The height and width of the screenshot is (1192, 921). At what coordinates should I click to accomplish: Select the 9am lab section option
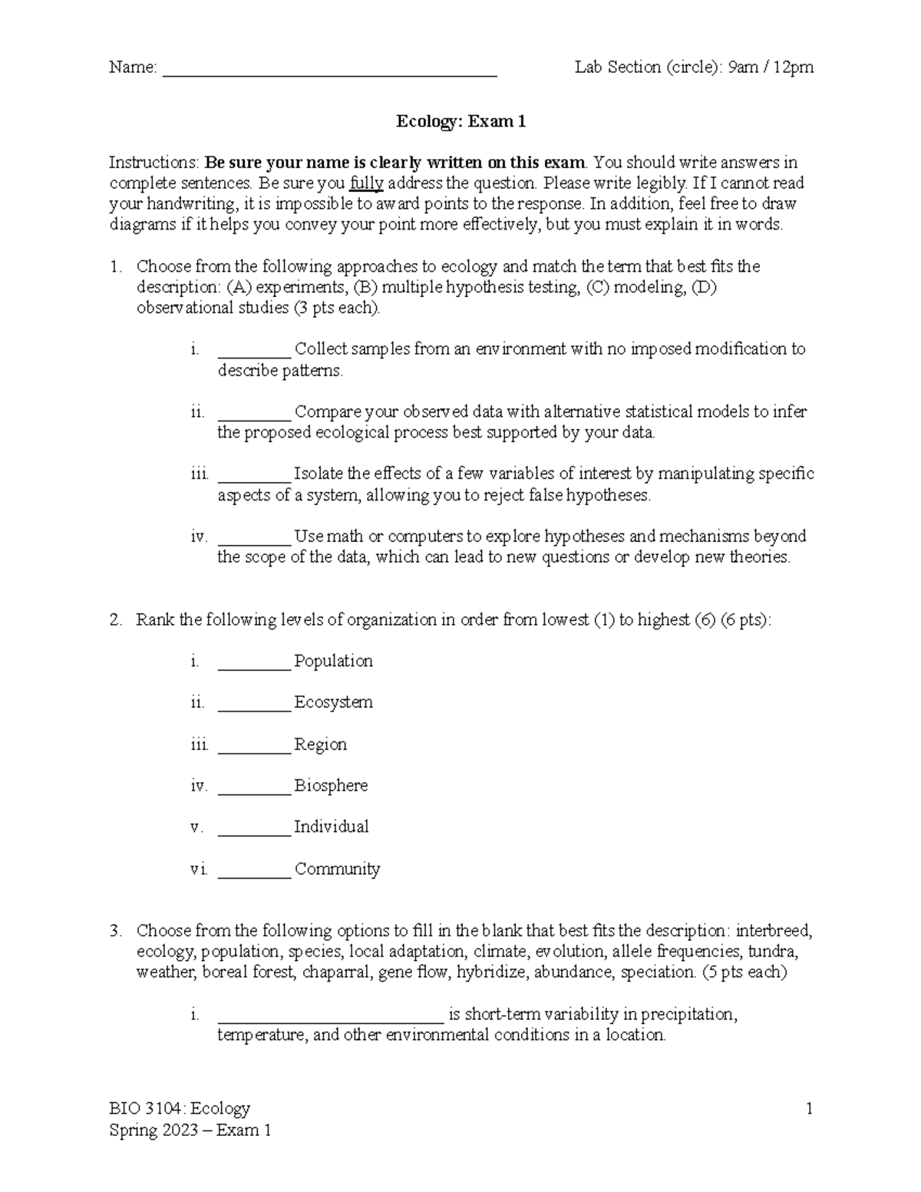[742, 68]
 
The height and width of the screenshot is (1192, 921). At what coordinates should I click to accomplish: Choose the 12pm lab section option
[794, 68]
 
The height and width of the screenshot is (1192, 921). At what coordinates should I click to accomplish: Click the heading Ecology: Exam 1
[460, 121]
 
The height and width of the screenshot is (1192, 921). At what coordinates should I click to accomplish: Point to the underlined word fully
[366, 183]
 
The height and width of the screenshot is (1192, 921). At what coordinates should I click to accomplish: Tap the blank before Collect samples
[254, 352]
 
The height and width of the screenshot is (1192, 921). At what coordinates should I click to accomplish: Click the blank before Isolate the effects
[254, 477]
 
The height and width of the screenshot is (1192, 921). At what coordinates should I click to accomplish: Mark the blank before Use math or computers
[254, 540]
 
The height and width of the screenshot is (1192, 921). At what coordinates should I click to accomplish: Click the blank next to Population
[254, 665]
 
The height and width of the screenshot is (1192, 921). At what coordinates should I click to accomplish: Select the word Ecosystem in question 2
[333, 702]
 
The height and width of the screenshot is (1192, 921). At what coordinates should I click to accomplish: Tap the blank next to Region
[254, 748]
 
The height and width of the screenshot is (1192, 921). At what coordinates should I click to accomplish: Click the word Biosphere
[331, 786]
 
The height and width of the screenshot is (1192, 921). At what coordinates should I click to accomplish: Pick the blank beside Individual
[254, 831]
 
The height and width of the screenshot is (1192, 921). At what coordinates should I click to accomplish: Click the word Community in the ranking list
[337, 869]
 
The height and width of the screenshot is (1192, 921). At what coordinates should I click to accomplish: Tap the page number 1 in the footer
[808, 1108]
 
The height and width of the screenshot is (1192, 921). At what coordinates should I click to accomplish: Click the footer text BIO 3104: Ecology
[180, 1108]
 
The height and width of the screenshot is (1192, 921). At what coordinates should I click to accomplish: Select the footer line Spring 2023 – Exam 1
[190, 1130]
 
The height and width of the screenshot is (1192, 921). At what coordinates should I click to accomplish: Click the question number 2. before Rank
[115, 620]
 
